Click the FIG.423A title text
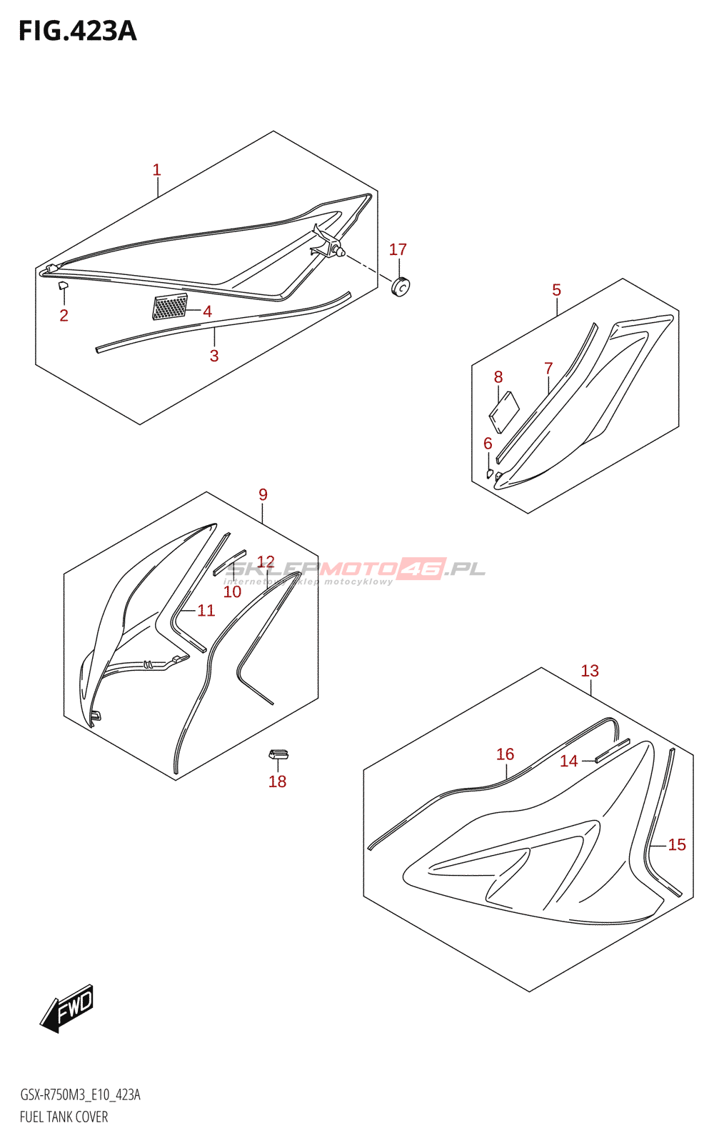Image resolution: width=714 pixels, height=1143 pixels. (x=77, y=31)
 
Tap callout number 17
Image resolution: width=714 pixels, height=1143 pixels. (x=398, y=249)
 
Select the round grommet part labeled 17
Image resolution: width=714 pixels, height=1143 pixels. (x=402, y=286)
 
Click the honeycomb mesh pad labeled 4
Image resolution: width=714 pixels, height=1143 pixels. (x=170, y=307)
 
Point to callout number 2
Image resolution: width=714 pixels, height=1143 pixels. (x=64, y=315)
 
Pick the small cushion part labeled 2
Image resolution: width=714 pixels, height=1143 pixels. (x=62, y=286)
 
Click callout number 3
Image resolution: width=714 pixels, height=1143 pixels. (x=214, y=356)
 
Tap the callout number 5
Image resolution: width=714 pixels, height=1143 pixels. (x=556, y=290)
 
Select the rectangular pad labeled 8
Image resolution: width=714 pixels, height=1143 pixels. (x=503, y=413)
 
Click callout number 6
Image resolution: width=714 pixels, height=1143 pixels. (x=488, y=444)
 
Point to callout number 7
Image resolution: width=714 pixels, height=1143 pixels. (x=548, y=369)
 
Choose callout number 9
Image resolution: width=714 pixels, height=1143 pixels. (x=263, y=494)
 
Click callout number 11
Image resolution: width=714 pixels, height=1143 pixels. (x=206, y=610)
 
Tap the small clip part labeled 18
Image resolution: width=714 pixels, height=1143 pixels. (x=278, y=754)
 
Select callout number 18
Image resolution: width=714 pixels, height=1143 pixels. (x=277, y=782)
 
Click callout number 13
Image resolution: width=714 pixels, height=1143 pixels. (x=590, y=671)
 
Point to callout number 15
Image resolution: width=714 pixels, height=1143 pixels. (x=677, y=844)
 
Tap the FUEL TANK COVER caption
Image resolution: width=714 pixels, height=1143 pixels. (x=64, y=1117)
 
